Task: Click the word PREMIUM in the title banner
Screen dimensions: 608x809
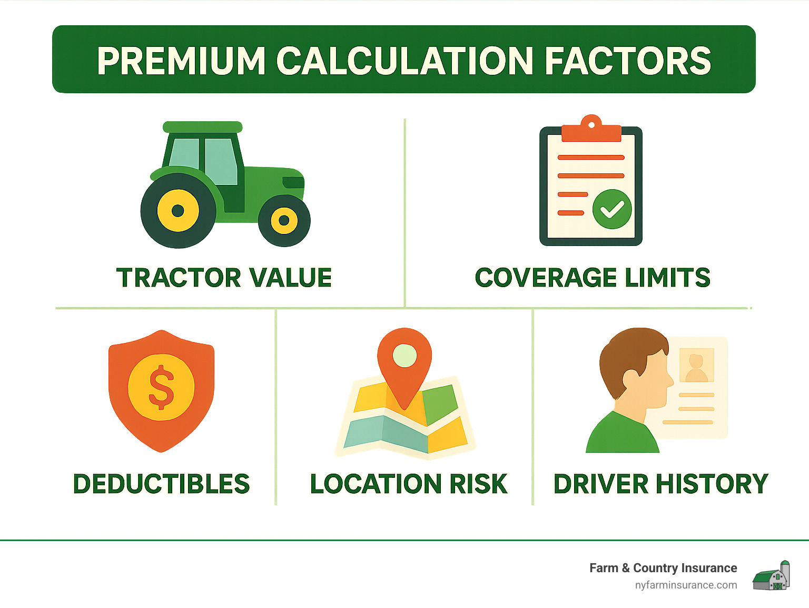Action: pos(181,61)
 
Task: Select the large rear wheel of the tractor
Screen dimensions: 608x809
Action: pos(178,211)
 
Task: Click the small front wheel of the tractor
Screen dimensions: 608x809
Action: pos(284,220)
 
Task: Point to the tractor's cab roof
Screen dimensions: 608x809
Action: pos(202,127)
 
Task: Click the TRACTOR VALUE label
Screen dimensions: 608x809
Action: pos(224,278)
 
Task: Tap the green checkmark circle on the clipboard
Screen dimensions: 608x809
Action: pos(611,209)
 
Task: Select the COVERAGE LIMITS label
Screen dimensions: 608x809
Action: pos(592,278)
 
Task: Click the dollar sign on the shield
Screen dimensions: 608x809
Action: pos(161,387)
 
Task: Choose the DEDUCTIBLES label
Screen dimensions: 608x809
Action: pos(161,484)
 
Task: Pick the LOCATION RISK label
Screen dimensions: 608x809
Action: pos(408,484)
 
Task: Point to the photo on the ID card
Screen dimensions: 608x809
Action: pos(696,365)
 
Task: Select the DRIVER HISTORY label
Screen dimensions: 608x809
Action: pos(660,484)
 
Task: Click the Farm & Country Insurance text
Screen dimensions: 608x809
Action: pos(663,568)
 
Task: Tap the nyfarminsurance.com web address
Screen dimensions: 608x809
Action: pos(686,585)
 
